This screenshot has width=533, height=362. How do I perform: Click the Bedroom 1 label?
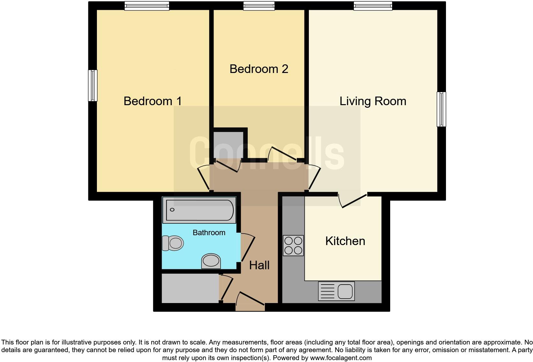click(152, 101)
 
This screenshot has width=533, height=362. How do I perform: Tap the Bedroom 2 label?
click(259, 69)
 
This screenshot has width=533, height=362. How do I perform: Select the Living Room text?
click(372, 101)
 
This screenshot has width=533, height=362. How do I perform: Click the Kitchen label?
click(345, 241)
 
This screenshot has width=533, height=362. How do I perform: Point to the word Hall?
click(259, 265)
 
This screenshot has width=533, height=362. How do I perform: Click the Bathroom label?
click(209, 233)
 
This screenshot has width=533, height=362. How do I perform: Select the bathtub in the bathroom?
click(199, 210)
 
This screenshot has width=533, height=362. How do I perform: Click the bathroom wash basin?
click(211, 261)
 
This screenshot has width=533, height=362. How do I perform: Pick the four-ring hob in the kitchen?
click(293, 246)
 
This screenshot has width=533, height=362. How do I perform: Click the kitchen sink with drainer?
click(336, 291)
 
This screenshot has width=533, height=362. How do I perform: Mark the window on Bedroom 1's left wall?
click(93, 85)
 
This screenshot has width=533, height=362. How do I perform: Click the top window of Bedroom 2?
click(259, 5)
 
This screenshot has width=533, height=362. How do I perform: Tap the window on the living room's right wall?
click(441, 109)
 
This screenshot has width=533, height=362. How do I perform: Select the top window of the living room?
click(372, 5)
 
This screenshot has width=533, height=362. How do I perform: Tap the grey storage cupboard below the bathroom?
click(190, 288)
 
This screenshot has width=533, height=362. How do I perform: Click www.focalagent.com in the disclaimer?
click(341, 358)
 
